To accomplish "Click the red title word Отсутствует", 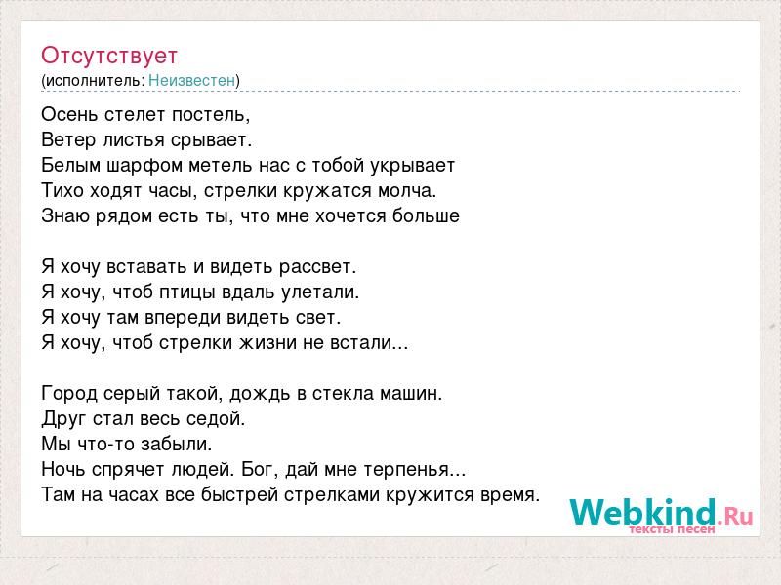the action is coord(109,56).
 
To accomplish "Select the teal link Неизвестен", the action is coord(191,81).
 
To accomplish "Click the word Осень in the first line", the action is coord(69,115).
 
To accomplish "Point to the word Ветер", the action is coord(68,140).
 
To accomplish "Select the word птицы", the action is coord(187,292).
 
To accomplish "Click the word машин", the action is coord(411,394).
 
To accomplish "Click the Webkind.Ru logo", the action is coord(661,516).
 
